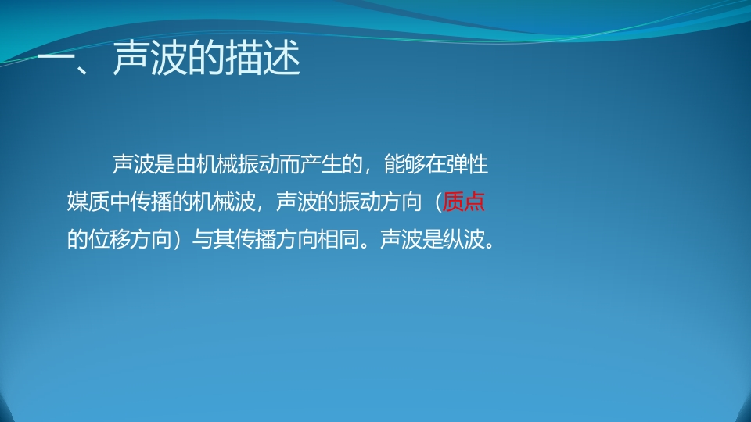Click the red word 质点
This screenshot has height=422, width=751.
463,202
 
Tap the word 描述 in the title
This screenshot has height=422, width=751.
263,58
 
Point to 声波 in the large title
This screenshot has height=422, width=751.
149,58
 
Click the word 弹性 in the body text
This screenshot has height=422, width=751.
467,164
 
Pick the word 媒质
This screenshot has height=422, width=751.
88,202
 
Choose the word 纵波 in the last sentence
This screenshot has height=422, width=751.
464,239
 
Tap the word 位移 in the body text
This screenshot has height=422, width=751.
109,239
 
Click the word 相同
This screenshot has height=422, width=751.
339,239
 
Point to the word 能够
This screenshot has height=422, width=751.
404,164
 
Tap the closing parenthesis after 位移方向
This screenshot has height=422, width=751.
178,239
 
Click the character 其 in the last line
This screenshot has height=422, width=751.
224,239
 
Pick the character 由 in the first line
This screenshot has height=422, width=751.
186,164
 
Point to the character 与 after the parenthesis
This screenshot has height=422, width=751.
203,239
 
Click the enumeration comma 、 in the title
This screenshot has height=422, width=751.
86,70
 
